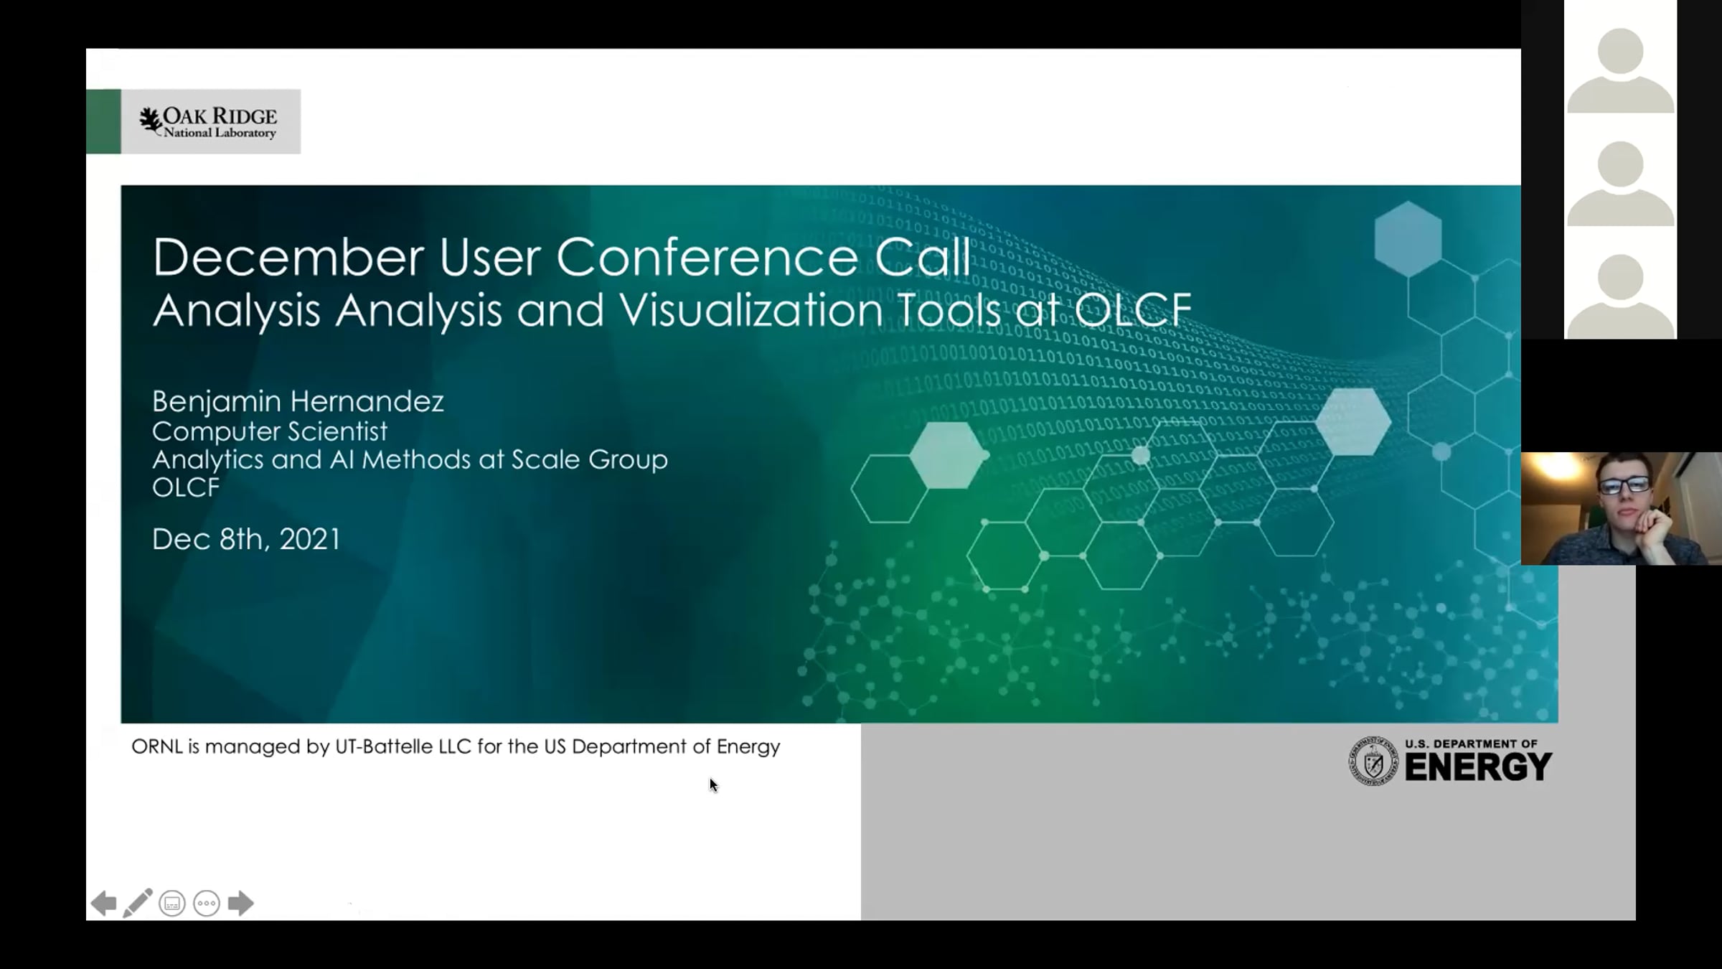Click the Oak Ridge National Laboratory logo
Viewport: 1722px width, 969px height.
[208, 122]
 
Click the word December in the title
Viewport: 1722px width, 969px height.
[288, 257]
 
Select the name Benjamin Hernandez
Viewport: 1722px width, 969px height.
[298, 401]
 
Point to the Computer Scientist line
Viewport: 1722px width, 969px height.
[270, 431]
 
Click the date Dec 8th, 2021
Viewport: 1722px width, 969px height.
[246, 539]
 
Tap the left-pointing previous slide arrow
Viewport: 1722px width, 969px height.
[103, 903]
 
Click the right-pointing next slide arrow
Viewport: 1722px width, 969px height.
[241, 903]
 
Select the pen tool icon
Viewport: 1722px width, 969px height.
[138, 903]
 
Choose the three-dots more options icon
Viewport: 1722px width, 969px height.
[207, 903]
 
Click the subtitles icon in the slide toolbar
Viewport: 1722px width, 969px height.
[172, 903]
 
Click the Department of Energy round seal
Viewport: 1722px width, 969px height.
[1373, 761]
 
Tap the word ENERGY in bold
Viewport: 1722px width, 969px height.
[1478, 767]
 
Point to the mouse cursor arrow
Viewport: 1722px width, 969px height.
[713, 785]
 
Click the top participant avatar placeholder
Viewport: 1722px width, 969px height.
[1621, 70]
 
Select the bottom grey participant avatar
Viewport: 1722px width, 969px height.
[1621, 296]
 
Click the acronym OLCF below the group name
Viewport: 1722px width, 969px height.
[186, 487]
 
